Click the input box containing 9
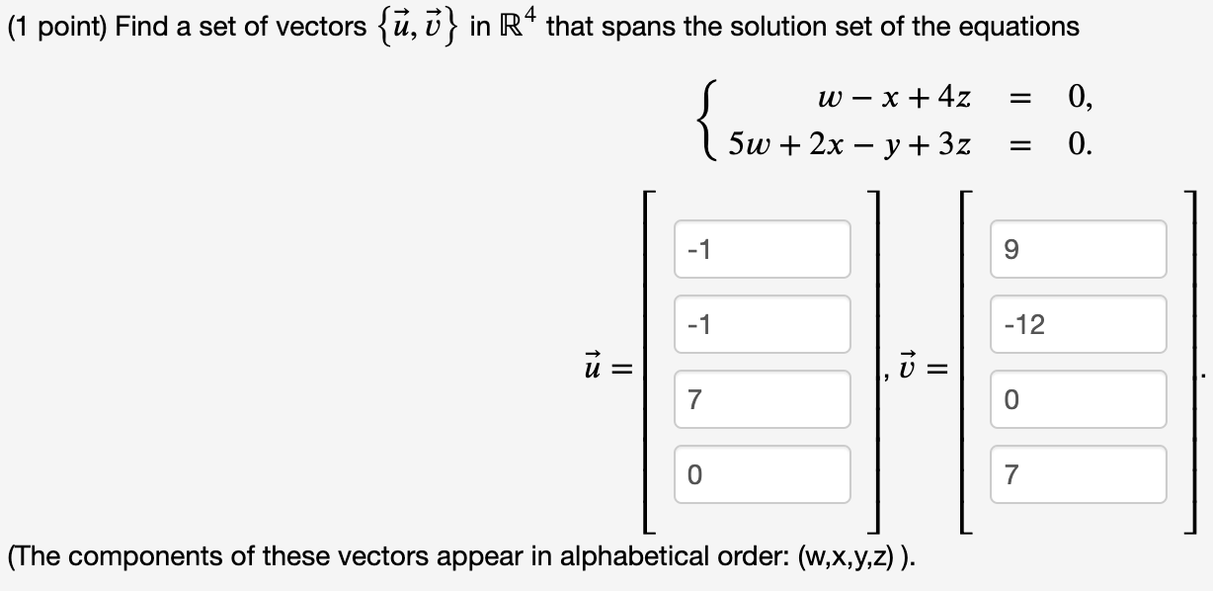coord(1079,249)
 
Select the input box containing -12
coord(1079,324)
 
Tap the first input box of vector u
coord(763,249)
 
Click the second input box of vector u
coord(763,324)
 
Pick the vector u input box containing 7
coord(763,399)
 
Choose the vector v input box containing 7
coord(1079,474)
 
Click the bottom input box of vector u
coord(763,474)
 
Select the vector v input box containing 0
coord(1079,399)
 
